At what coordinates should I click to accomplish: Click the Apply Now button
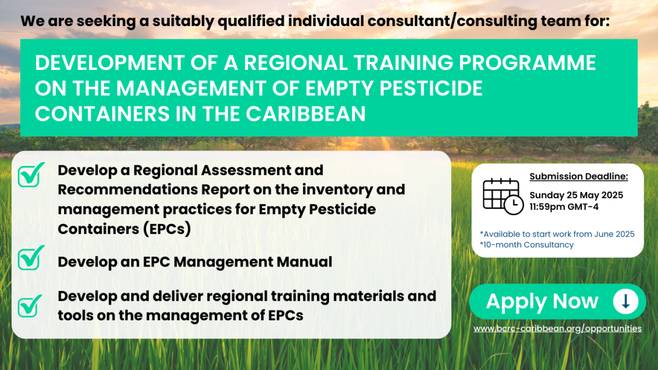[x=558, y=301]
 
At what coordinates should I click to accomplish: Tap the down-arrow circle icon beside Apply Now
[x=625, y=301]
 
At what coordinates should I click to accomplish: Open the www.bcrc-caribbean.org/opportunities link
[x=558, y=328]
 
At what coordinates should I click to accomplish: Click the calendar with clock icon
[x=503, y=197]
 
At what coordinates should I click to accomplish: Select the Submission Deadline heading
[x=579, y=176]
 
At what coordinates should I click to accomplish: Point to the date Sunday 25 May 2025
[x=576, y=195]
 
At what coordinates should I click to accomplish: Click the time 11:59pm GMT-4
[x=563, y=206]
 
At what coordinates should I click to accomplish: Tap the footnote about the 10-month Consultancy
[x=526, y=245]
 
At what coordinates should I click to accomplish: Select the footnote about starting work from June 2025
[x=558, y=234]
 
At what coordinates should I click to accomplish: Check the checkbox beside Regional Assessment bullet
[x=30, y=175]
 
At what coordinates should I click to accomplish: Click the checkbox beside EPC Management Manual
[x=30, y=258]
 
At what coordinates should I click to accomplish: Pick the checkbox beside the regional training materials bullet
[x=29, y=306]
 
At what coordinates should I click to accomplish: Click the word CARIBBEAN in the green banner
[x=305, y=114]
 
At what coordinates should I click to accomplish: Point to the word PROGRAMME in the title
[x=528, y=62]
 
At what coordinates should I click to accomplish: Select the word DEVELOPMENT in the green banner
[x=110, y=62]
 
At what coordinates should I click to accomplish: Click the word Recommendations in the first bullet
[x=127, y=190]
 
